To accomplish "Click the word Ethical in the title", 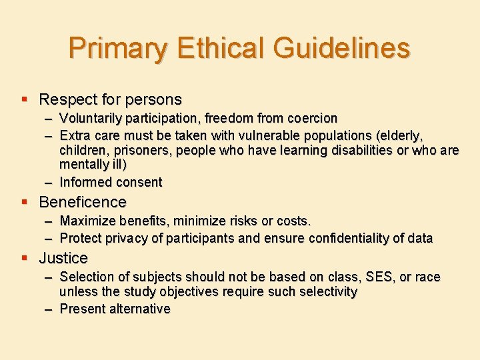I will (211, 49).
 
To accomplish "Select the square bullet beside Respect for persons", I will (25, 99).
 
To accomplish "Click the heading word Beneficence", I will (83, 202).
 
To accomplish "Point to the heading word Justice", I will (63, 258).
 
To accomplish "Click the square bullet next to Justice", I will (25, 257).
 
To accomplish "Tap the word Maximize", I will (88, 221).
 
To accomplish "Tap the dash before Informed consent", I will (49, 182).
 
